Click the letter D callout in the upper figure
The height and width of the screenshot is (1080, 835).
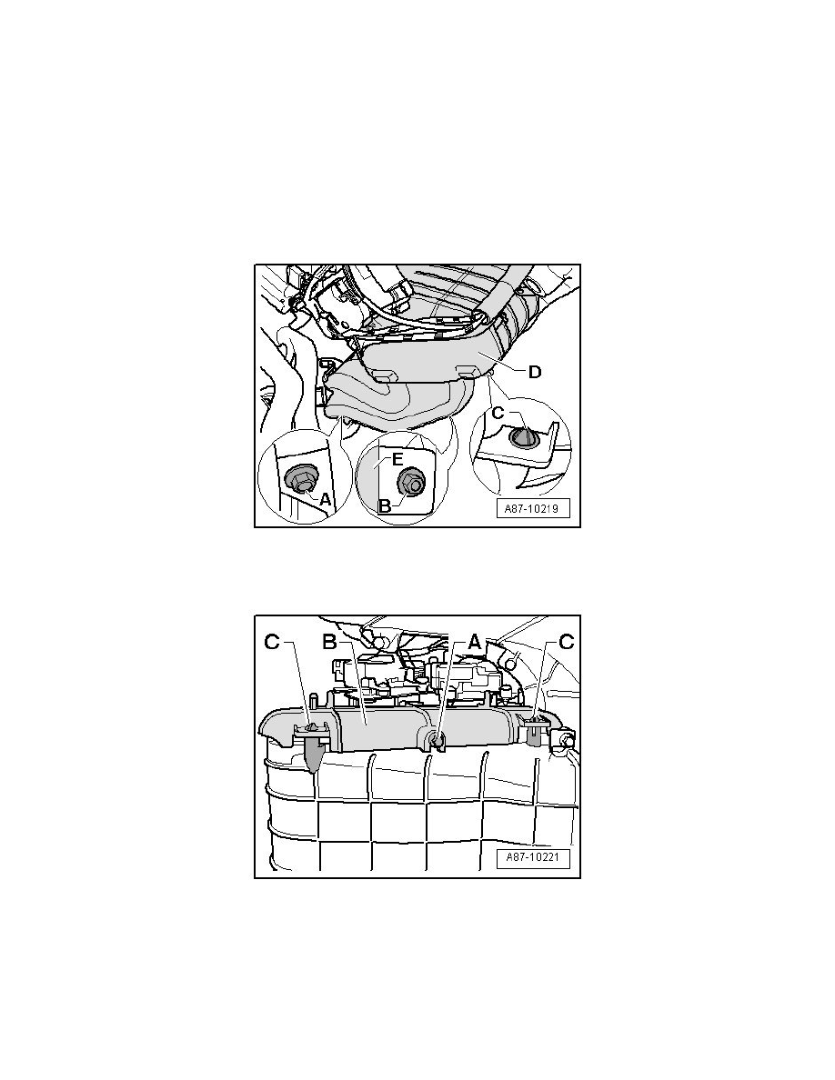pos(535,372)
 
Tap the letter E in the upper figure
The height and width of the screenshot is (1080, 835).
pos(397,459)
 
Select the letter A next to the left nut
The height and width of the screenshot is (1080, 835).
pos(325,501)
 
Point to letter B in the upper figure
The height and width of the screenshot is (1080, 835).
pos(385,505)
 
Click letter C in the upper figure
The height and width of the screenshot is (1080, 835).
pos(498,415)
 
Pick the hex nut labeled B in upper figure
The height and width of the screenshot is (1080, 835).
pos(411,482)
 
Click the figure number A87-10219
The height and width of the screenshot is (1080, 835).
pos(532,509)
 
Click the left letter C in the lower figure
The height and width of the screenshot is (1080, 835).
pos(273,642)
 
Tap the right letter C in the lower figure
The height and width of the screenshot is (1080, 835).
pos(567,642)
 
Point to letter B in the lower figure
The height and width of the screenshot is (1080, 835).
pos(329,642)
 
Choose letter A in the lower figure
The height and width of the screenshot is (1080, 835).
pos(474,642)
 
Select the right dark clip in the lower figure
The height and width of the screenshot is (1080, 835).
pos(536,732)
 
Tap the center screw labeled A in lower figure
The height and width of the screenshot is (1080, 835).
pos(436,740)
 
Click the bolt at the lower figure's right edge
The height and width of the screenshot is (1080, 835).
pos(567,740)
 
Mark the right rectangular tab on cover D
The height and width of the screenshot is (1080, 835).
pos(468,372)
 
